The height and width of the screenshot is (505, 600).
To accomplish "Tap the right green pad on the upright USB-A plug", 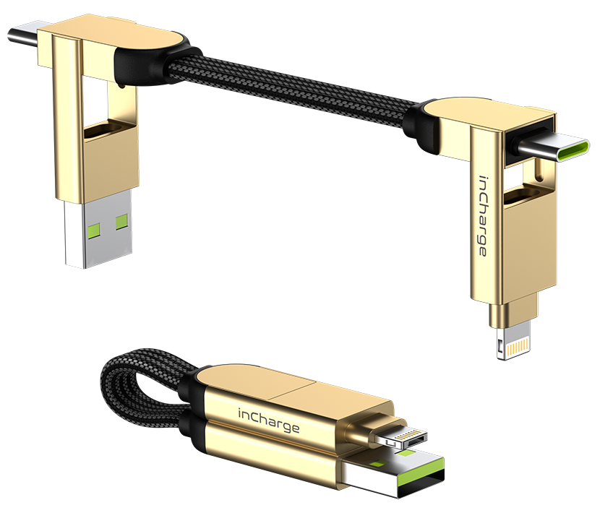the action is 121,222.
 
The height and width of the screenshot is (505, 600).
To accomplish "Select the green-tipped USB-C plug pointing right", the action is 551,148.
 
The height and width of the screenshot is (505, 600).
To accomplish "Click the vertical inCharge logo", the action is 484,216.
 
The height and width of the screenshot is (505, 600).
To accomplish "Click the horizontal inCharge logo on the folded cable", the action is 269,420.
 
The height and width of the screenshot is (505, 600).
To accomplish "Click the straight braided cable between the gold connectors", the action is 291,89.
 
